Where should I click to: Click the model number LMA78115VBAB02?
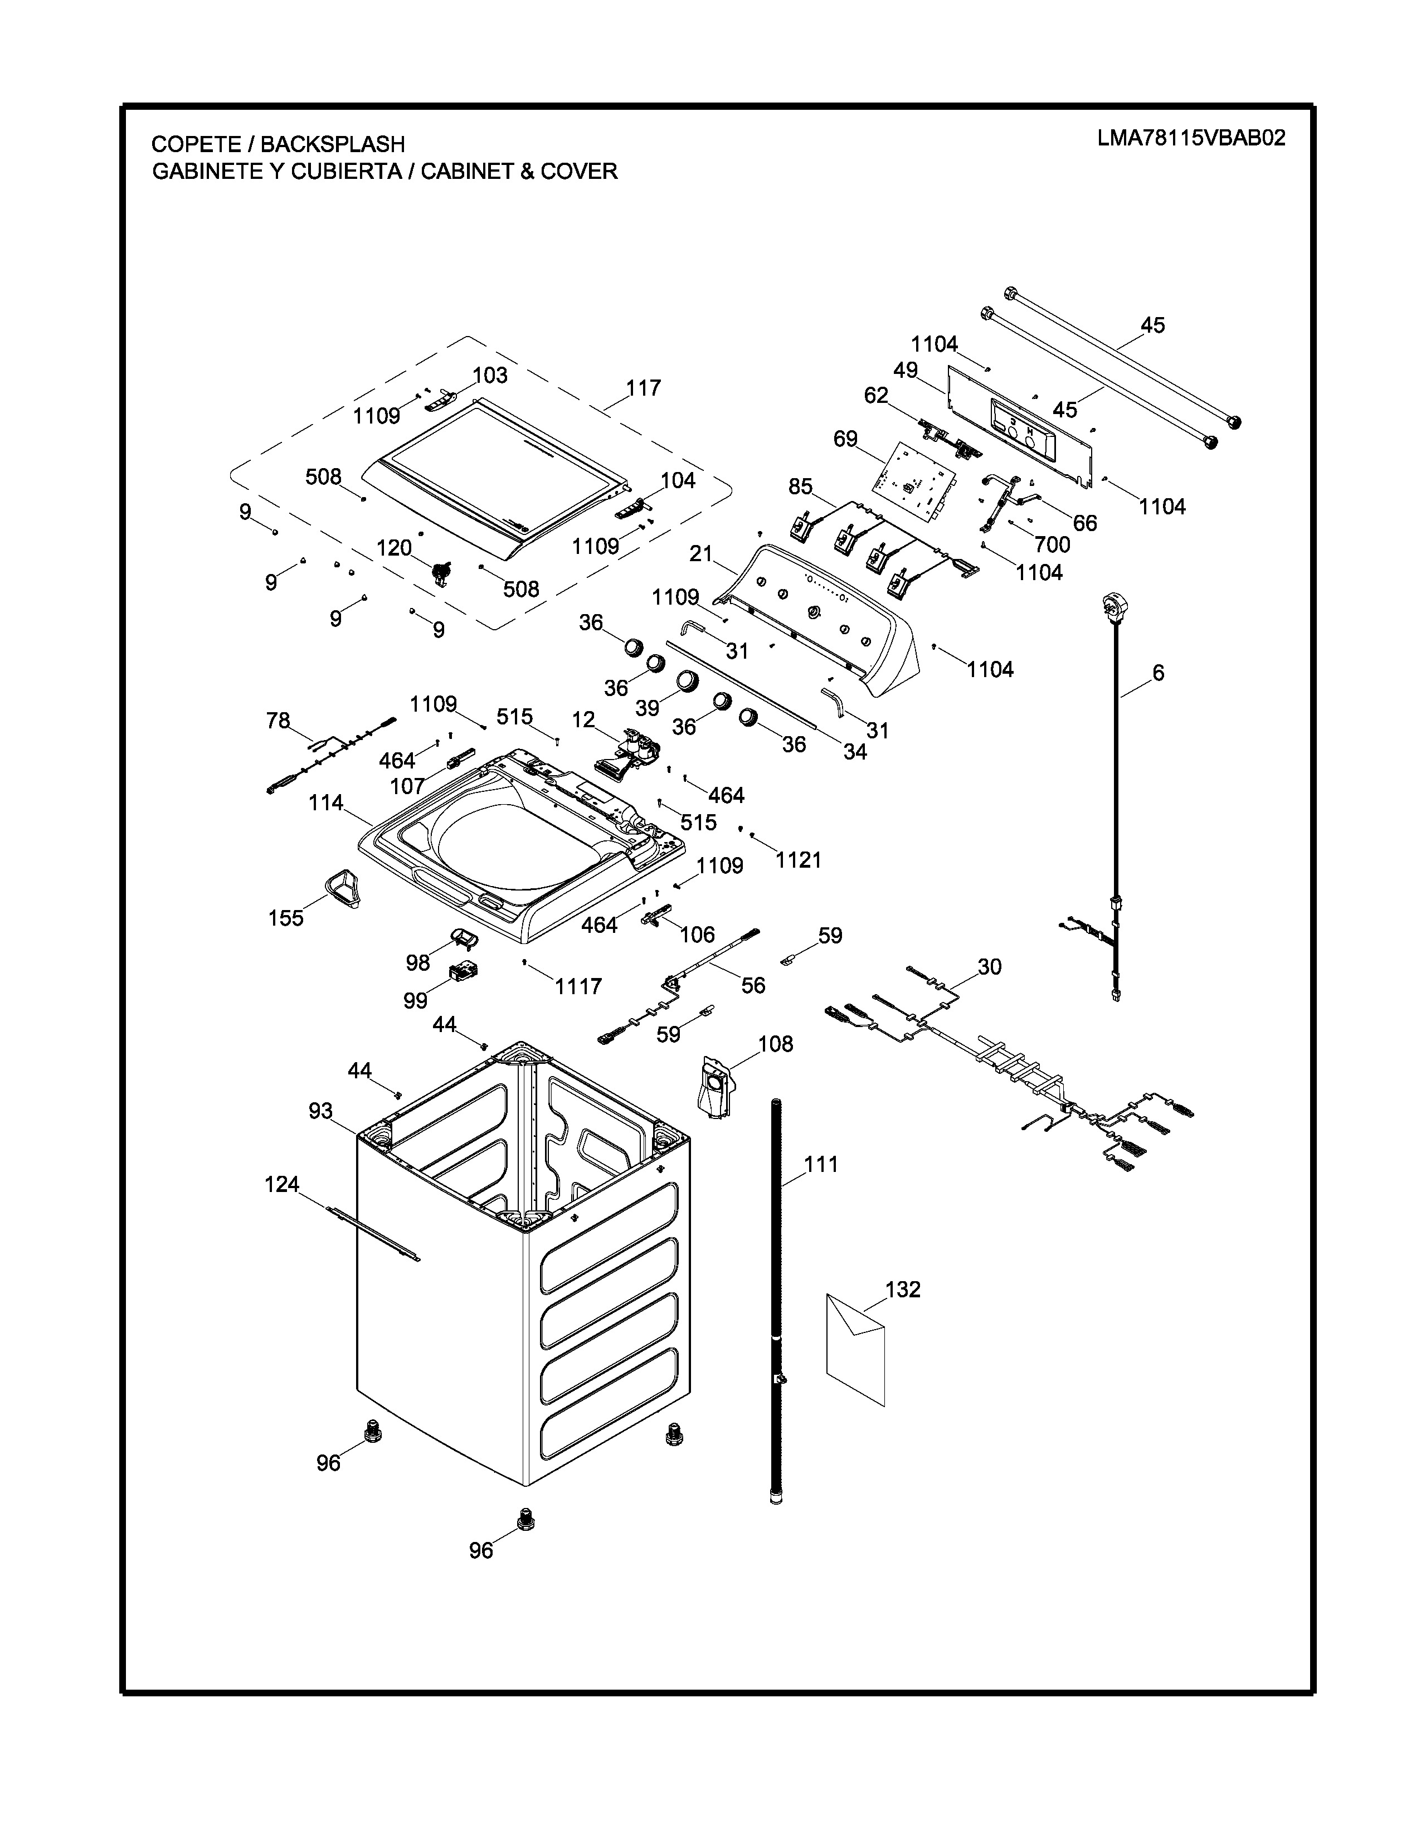[1191, 138]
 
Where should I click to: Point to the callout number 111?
[821, 1165]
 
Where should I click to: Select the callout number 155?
[285, 918]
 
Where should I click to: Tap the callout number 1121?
[798, 860]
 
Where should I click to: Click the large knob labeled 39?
[687, 680]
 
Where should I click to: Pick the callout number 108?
[775, 1044]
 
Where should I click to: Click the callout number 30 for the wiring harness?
[989, 967]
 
